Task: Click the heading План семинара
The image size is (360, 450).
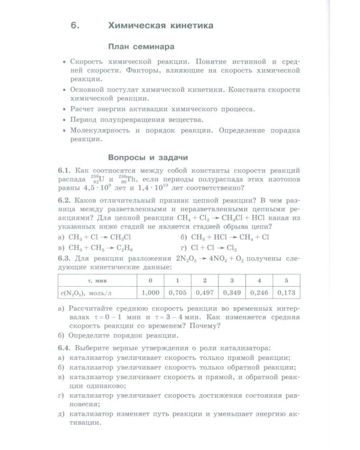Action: [141, 46]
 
